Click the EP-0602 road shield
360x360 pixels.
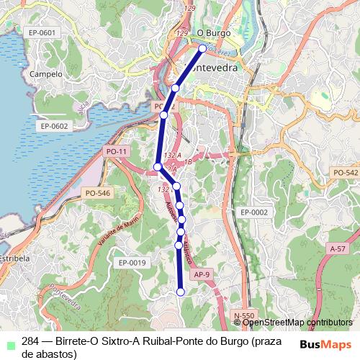pos(53,126)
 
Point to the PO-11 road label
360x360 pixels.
pos(116,152)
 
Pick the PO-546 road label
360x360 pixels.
pos(97,193)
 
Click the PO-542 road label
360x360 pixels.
pos(346,173)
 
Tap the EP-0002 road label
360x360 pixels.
pos(254,212)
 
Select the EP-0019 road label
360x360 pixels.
pos(132,263)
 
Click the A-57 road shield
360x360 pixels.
pos(336,248)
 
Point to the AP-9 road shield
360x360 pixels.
pos(202,274)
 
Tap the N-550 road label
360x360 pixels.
pos(245,315)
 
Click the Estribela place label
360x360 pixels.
pos(14,258)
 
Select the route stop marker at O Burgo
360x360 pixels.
pos(202,48)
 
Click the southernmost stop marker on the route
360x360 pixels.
pos(181,292)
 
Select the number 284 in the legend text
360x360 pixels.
pos(30,341)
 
